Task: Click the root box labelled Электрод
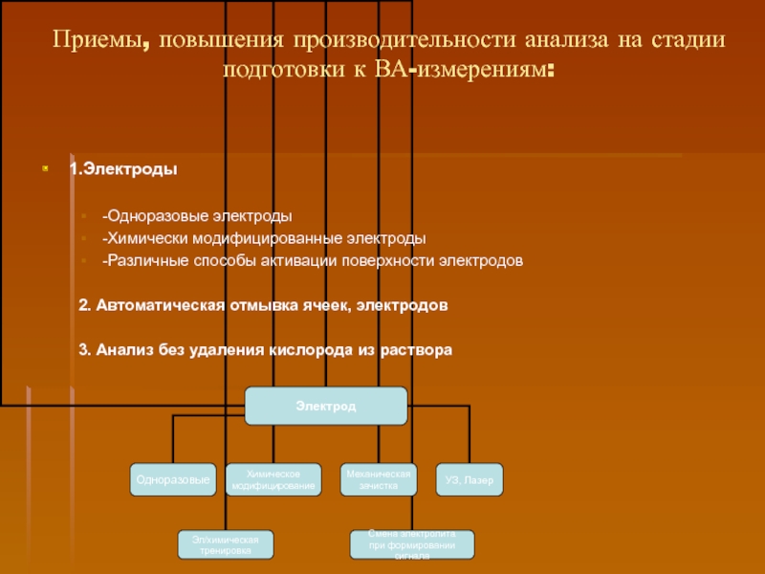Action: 326,407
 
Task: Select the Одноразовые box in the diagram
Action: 173,479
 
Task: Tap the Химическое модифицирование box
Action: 273,479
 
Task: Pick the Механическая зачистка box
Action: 379,479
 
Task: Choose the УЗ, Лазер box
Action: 470,479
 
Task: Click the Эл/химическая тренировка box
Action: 226,544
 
